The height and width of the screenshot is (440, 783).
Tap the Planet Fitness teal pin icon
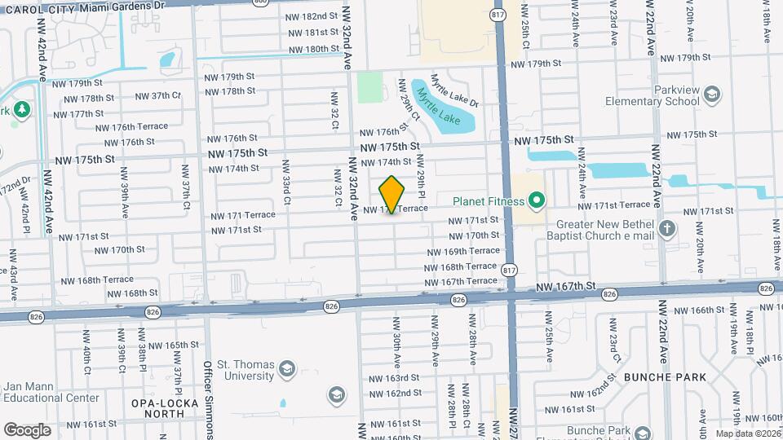(536, 199)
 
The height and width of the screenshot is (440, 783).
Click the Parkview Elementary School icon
(711, 95)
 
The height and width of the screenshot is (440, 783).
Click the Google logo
(27, 430)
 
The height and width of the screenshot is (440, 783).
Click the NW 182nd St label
(312, 16)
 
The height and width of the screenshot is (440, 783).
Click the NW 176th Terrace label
(131, 127)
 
